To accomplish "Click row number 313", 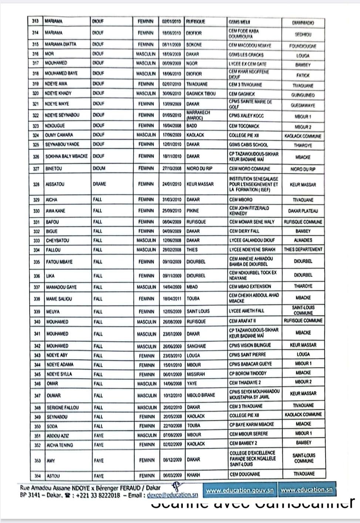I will click(x=36, y=21).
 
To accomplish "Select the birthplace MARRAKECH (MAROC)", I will click(x=198, y=115).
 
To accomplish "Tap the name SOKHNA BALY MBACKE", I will click(x=67, y=156).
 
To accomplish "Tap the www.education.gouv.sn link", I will click(x=240, y=490).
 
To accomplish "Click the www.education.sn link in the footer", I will click(x=306, y=490).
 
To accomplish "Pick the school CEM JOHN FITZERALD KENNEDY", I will click(x=249, y=211).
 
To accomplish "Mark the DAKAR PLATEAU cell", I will click(x=303, y=211).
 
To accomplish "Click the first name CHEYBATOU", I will click(x=57, y=240).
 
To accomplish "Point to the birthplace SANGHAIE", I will click(x=196, y=346).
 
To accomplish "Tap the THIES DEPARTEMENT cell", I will click(x=303, y=249).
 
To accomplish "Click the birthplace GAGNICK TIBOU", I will click(x=201, y=94).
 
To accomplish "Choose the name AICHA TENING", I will click(x=60, y=445).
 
